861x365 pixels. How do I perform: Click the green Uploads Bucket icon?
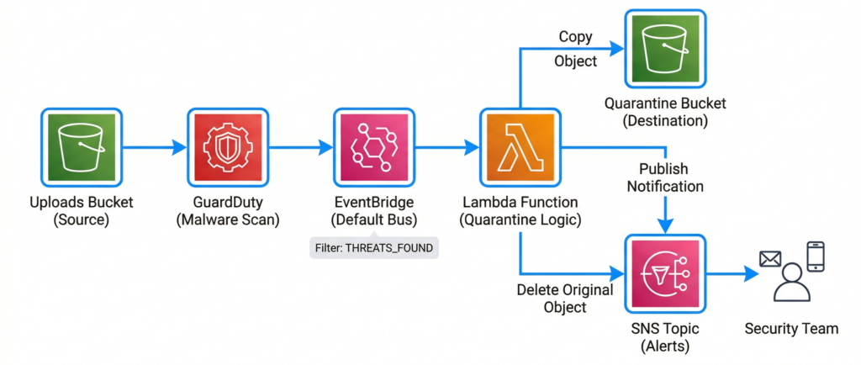(82, 148)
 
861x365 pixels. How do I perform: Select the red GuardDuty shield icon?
(227, 148)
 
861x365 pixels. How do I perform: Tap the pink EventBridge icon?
(372, 148)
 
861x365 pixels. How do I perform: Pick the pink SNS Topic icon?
(665, 274)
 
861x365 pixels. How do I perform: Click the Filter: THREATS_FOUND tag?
(373, 248)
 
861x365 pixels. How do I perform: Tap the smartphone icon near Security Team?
(815, 257)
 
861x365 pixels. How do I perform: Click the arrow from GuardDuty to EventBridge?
(300, 148)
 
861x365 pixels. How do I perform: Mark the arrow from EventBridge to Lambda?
(446, 148)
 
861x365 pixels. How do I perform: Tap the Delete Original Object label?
(564, 299)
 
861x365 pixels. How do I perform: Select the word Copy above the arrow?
(576, 37)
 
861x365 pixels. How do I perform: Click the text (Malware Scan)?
(227, 221)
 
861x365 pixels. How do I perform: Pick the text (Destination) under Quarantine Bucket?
(665, 121)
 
